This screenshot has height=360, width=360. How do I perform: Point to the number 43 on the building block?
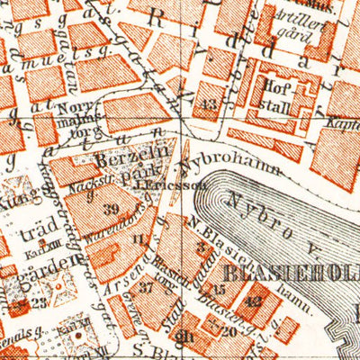coord(210,105)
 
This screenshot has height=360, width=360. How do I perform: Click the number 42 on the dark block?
coord(256,301)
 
